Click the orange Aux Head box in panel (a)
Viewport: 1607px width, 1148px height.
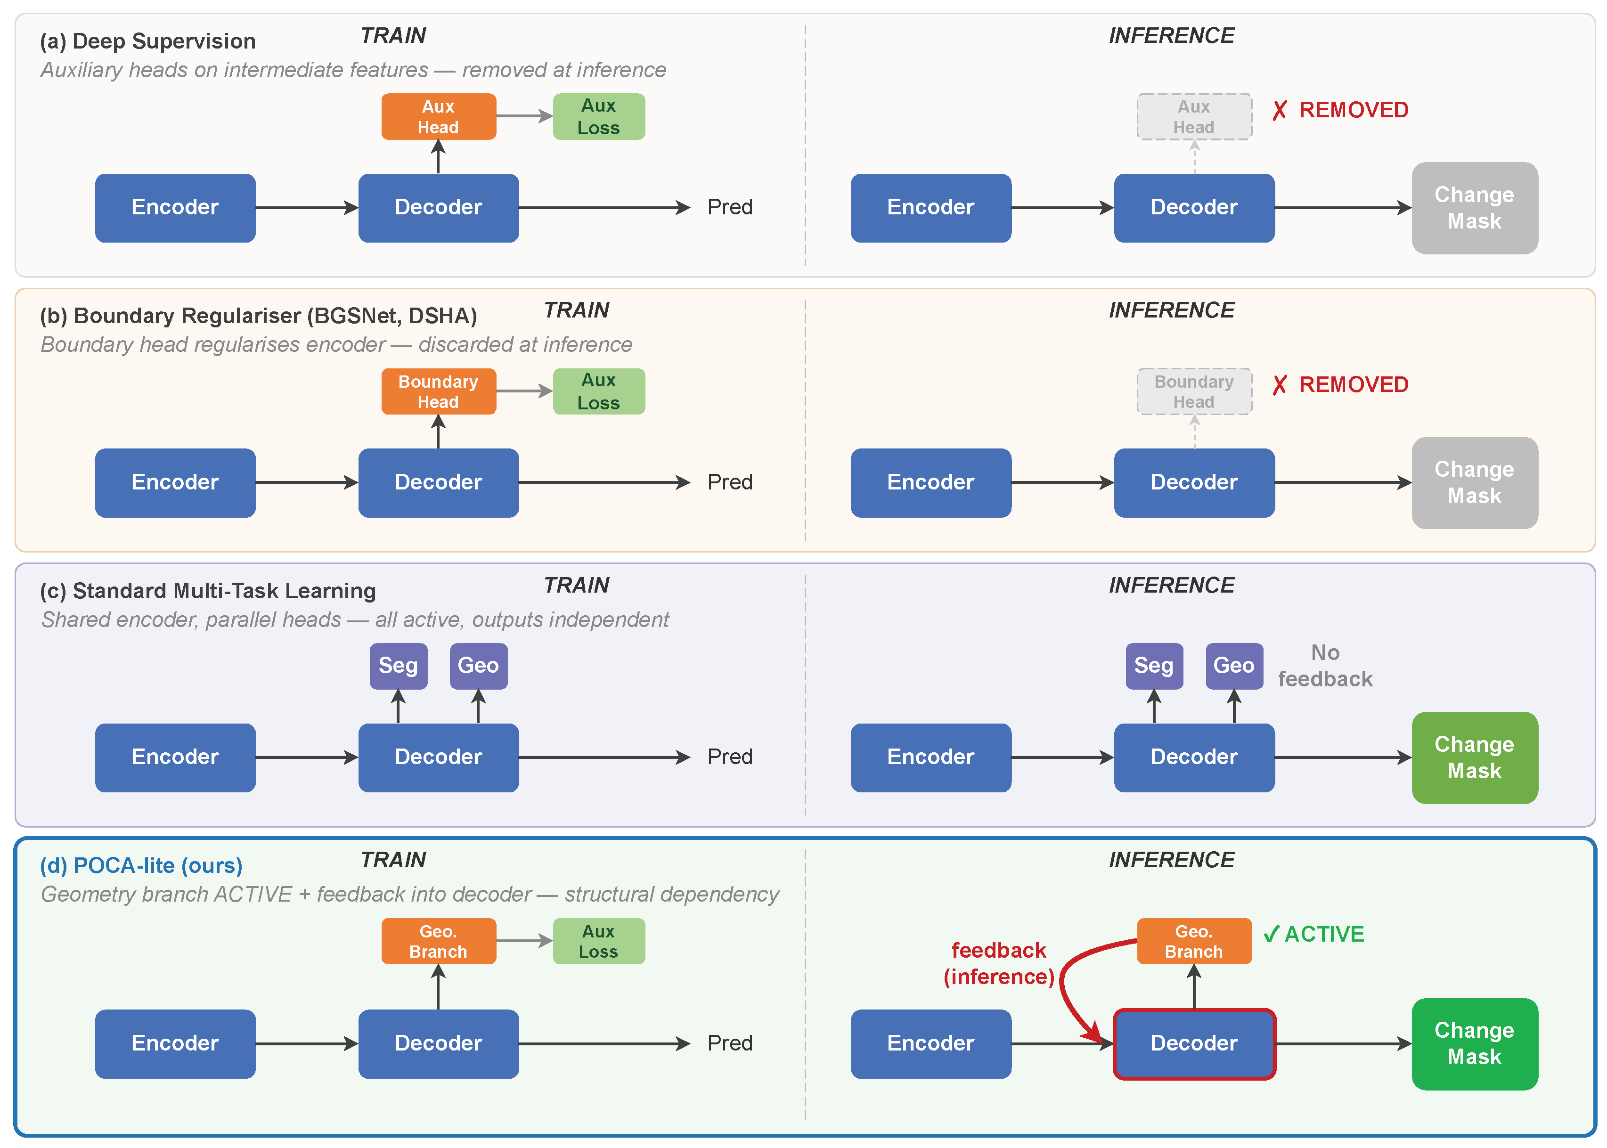coord(438,117)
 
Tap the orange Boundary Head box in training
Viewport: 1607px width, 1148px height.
coord(438,391)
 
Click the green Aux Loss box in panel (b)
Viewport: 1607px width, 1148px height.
coord(598,391)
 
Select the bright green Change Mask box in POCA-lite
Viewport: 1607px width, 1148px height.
coord(1474,1043)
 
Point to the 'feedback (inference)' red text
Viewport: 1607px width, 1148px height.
coord(998,963)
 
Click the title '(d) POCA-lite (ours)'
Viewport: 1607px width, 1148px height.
coord(141,865)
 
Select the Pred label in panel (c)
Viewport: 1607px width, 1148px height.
coord(730,757)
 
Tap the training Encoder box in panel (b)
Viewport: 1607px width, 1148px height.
coord(175,482)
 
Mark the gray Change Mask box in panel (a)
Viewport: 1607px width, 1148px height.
coord(1474,208)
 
